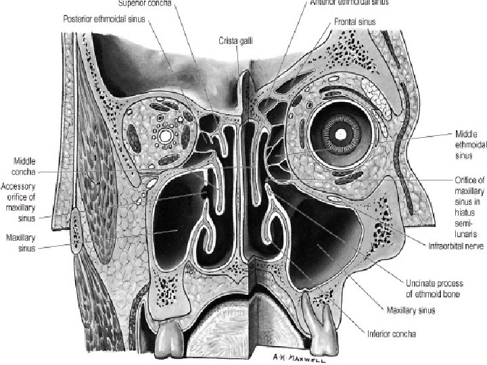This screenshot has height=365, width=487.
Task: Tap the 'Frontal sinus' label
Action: [x=351, y=22]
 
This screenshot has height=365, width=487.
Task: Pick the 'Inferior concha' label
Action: [x=392, y=333]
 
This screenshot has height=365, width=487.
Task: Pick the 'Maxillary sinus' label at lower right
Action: [x=411, y=311]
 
